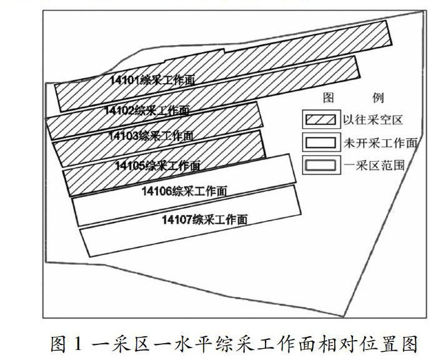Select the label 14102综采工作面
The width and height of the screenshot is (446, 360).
coord(147,111)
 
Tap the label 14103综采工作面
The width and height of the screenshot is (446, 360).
coord(151,135)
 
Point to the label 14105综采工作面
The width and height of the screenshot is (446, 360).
coord(157,166)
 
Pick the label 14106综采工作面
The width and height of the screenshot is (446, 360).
coord(184,191)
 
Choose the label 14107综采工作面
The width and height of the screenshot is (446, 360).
coord(205,219)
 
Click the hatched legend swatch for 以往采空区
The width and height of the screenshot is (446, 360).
coord(320,118)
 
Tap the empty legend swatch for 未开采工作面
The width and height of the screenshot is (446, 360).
coord(320,142)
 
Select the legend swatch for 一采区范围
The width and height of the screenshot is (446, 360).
coord(320,166)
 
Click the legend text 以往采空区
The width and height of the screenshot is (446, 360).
coord(369,118)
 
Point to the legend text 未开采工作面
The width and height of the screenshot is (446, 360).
coord(380,142)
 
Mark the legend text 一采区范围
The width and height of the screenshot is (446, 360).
coord(369,166)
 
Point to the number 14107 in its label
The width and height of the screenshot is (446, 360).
coord(177,219)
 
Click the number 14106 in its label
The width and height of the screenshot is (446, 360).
coord(156,191)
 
